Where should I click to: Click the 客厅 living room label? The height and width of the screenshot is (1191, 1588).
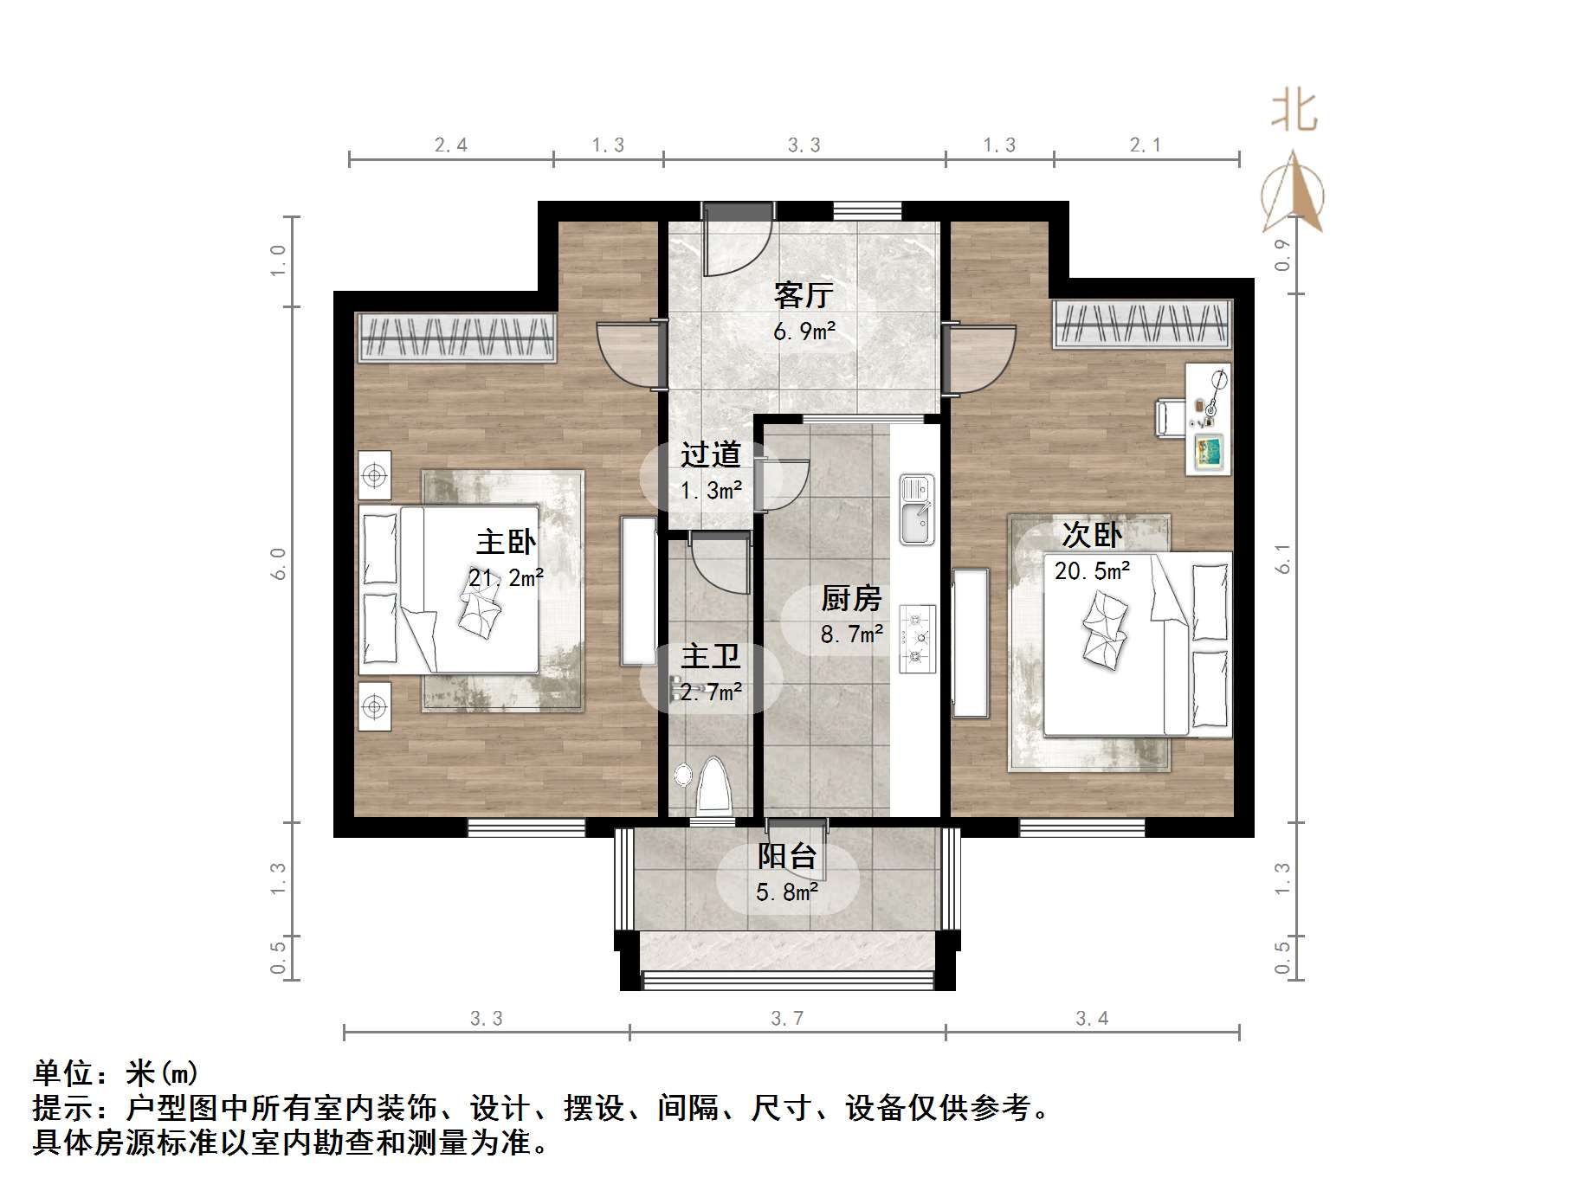coord(804,296)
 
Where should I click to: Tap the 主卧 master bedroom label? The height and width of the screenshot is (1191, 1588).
coord(506,543)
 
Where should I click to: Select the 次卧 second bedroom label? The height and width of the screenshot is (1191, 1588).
coord(1092,535)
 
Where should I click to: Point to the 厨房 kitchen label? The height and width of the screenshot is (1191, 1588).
coord(851,598)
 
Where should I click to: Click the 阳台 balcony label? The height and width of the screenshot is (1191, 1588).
coord(787,856)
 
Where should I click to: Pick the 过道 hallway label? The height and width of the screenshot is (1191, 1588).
coord(711,455)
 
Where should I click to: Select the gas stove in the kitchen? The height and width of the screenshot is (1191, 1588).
coord(917,639)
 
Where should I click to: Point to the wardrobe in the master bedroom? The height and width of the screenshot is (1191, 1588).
coord(456,336)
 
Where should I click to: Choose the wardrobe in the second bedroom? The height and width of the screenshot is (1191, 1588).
coord(1142,324)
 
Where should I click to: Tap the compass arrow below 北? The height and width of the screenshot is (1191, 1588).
coord(1294,195)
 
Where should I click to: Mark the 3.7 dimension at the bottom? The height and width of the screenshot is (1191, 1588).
coord(787,1019)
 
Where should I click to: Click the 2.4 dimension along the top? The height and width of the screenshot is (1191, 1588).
coord(450,145)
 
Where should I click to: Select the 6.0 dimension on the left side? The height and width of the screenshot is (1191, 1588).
coord(279,563)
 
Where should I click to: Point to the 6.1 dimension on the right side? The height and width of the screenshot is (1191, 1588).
coord(1282,558)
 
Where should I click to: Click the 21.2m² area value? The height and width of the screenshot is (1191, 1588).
coord(506,577)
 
